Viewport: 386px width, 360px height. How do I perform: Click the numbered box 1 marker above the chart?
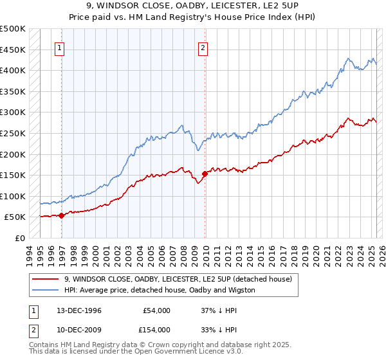[59, 47]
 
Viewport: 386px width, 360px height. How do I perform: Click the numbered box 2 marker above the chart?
[203, 47]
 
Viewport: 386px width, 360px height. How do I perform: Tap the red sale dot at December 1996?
[62, 215]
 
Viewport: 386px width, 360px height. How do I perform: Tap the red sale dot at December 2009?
[205, 174]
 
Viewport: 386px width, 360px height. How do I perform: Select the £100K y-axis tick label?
[13, 196]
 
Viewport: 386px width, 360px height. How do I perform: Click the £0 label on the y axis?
[19, 238]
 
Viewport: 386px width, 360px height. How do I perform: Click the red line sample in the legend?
[46, 279]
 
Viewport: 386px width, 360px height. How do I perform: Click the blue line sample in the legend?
[46, 290]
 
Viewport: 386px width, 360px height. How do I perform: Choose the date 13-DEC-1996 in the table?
[75, 310]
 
